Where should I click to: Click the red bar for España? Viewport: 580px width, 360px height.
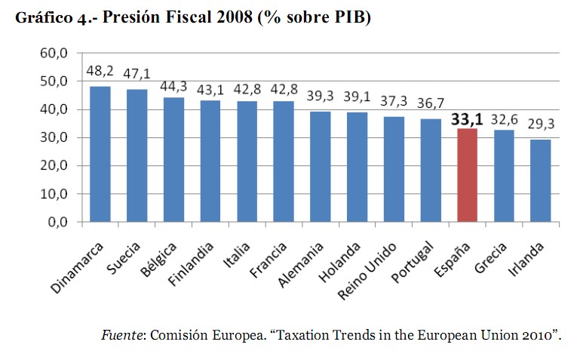468,175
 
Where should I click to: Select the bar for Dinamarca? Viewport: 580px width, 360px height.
100,154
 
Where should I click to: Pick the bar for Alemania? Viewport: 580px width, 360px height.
321,167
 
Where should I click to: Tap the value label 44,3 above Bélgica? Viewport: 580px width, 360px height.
173,88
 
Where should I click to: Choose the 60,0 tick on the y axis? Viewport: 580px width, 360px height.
55,53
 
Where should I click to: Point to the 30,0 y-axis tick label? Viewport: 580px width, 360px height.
55,137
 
